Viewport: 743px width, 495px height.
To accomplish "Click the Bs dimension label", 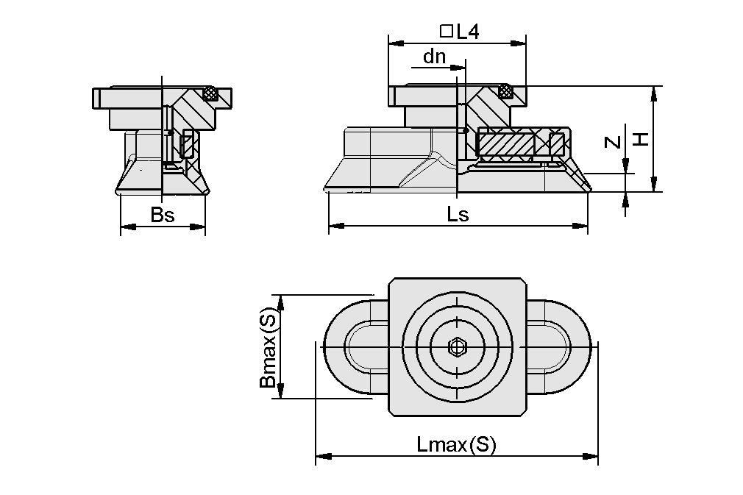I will (163, 215).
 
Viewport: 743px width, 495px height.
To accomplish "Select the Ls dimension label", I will (458, 214).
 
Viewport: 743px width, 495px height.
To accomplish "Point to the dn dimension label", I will (434, 57).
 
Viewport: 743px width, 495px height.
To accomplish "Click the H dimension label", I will (641, 139).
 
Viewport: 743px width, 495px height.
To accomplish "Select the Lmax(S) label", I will (456, 444).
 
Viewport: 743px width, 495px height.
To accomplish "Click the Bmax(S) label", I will (269, 347).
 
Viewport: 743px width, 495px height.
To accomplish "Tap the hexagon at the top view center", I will (457, 346).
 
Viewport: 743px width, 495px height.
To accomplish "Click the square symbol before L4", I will (446, 32).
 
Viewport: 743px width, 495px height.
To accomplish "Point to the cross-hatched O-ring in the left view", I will (212, 93).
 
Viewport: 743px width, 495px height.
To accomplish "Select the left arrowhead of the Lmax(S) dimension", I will (321, 456).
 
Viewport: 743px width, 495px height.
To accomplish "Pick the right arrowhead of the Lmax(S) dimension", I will (592, 456).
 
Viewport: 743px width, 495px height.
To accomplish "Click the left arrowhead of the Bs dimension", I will (126, 227).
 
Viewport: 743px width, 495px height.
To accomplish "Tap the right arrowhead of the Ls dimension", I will (582, 225).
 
